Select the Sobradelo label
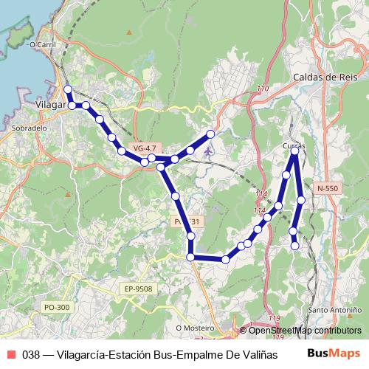(30, 128)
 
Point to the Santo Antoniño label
(334, 309)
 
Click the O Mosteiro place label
(195, 327)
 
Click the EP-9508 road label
(138, 289)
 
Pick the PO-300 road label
(57, 307)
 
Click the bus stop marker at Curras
(294, 151)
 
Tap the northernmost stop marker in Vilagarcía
(68, 89)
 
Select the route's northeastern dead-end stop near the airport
(210, 134)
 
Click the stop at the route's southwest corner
(190, 257)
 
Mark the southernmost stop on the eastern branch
(295, 246)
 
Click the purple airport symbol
(209, 153)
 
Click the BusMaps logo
(334, 353)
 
